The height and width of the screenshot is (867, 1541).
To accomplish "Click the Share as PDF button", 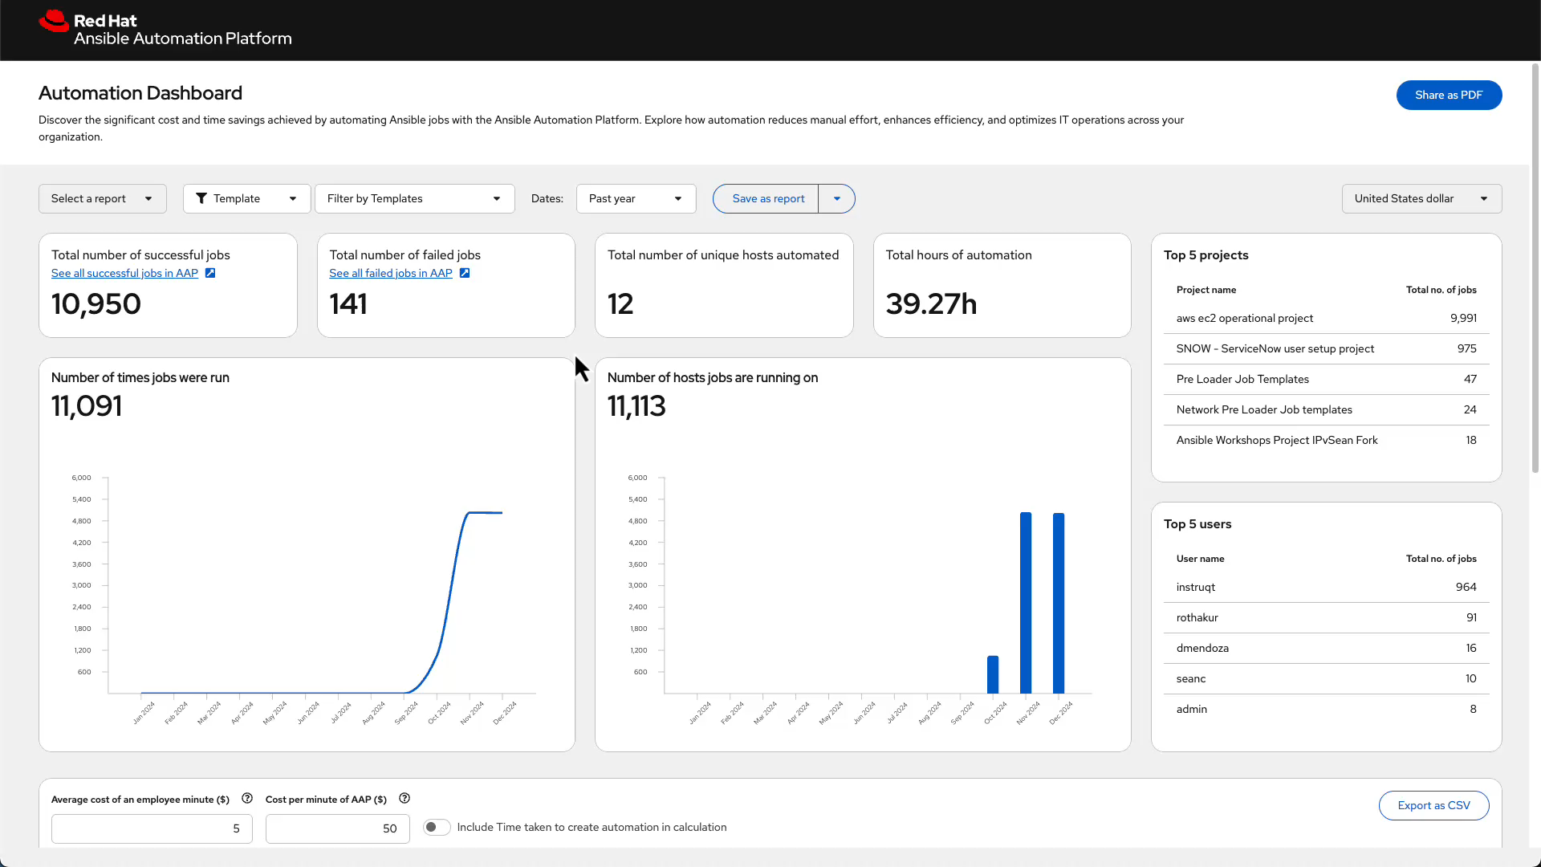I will (x=1448, y=95).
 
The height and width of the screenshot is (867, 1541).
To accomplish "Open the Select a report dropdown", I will (x=102, y=198).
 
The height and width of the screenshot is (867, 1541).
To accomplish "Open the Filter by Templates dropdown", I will (x=413, y=198).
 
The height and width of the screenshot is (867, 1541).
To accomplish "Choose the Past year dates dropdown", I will (x=635, y=198).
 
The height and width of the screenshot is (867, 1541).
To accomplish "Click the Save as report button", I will (x=767, y=198).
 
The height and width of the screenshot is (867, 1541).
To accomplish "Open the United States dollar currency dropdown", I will (x=1421, y=198).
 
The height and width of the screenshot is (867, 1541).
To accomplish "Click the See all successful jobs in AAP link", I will (x=125, y=273).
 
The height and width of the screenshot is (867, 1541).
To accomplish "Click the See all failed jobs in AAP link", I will (x=391, y=273).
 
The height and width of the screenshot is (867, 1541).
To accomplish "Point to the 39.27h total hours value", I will (x=931, y=304).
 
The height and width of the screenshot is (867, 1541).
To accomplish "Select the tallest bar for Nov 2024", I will (x=1026, y=602).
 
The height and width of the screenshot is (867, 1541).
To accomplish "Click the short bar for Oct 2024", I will (x=993, y=674).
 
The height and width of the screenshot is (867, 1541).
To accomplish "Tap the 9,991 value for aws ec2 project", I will (x=1462, y=318).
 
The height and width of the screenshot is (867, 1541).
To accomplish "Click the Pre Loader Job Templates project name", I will (x=1242, y=379).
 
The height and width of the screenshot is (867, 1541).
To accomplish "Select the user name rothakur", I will (x=1197, y=617).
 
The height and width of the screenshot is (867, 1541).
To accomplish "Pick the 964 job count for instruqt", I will (x=1466, y=587).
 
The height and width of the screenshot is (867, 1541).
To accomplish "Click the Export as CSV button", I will (x=1433, y=805).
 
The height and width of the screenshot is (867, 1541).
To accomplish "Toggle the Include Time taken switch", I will (x=437, y=827).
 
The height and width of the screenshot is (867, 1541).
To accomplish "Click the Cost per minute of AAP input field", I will (x=337, y=828).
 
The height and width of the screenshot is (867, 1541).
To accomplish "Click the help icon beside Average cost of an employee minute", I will (x=247, y=799).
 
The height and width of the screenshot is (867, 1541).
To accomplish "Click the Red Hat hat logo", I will (x=54, y=22).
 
